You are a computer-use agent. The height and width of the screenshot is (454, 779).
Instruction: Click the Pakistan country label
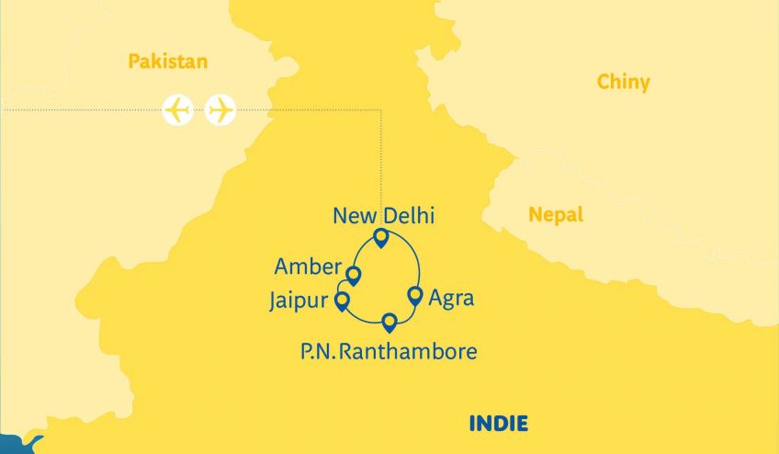click(168, 62)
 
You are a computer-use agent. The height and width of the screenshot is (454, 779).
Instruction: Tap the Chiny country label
click(623, 83)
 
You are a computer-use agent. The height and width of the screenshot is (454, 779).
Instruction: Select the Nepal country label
click(555, 215)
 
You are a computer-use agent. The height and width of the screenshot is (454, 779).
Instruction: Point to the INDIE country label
click(498, 424)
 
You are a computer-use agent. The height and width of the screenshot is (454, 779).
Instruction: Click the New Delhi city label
click(383, 217)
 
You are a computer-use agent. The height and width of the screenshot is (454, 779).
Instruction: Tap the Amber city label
click(308, 267)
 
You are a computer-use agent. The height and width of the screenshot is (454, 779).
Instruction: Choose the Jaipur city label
click(299, 300)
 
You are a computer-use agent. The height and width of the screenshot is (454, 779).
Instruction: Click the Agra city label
click(451, 300)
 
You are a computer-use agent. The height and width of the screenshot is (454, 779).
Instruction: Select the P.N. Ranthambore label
click(389, 351)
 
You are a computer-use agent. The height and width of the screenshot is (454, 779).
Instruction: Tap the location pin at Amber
click(353, 275)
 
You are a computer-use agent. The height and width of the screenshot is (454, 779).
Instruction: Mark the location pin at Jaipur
click(342, 301)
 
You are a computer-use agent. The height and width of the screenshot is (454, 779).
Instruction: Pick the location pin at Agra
click(414, 296)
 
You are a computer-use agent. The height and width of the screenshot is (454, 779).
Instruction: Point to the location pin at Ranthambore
click(389, 322)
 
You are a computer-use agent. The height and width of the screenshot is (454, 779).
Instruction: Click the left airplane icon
click(178, 110)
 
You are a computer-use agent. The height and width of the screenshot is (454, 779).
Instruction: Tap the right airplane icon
click(220, 110)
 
